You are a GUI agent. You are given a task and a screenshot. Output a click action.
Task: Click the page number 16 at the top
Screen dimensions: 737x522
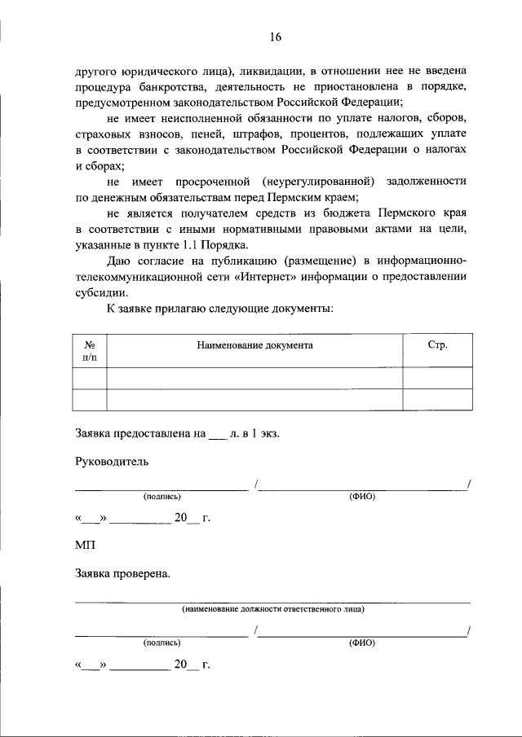[275, 37]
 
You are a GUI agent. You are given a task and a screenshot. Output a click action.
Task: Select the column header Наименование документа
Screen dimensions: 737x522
[254, 345]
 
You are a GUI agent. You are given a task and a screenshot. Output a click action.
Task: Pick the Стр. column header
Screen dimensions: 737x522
[437, 345]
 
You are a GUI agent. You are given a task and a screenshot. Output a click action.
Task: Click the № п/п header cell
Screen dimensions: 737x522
[90, 352]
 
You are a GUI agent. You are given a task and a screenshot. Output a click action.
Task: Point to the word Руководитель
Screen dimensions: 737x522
[112, 461]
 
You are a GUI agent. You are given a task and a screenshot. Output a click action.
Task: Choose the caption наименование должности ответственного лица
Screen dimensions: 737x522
[272, 608]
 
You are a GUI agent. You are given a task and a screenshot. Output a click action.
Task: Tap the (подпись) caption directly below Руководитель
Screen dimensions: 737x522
[161, 496]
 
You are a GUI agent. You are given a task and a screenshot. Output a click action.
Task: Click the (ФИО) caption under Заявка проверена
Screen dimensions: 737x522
[361, 643]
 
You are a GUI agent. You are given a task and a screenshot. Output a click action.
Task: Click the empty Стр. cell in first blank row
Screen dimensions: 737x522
[437, 379]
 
